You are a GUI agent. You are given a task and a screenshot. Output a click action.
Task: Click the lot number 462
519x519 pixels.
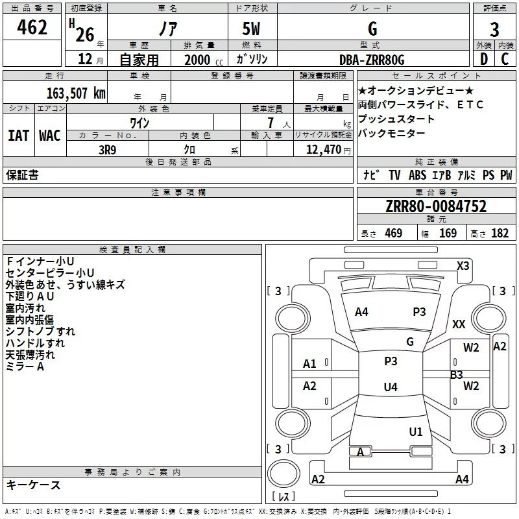32,27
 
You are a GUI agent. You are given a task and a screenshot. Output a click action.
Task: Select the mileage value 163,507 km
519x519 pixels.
77,92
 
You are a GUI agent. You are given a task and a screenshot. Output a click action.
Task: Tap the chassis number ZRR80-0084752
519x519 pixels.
436,206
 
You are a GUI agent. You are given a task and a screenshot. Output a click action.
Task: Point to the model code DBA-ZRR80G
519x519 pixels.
371,60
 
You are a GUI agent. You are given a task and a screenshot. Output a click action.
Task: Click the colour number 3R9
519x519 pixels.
107,149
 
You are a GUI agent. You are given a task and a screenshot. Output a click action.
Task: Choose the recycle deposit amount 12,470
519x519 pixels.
322,149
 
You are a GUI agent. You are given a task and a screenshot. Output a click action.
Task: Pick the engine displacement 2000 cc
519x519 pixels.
198,60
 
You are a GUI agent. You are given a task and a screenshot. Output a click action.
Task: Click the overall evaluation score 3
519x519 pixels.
494,29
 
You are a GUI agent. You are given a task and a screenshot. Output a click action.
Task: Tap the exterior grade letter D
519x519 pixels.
483,60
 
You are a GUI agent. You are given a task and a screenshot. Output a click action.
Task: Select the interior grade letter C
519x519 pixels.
505,60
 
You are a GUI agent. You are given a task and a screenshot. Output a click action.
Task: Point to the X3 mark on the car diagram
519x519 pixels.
463,265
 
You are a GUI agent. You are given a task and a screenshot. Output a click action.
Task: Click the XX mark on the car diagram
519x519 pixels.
459,324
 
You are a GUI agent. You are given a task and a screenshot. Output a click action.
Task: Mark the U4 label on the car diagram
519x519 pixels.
390,387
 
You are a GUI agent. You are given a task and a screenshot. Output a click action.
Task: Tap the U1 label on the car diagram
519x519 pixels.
416,431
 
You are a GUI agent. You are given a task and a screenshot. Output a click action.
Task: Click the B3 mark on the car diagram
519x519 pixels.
456,374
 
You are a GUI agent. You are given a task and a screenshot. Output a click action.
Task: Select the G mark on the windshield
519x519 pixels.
410,342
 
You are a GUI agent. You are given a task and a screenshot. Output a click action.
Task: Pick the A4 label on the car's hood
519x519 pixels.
361,312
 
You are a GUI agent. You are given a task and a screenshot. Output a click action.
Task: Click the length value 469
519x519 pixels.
393,234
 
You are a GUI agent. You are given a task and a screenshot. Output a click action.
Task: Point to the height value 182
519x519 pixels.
500,234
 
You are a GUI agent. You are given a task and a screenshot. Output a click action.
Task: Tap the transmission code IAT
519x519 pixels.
18,136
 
